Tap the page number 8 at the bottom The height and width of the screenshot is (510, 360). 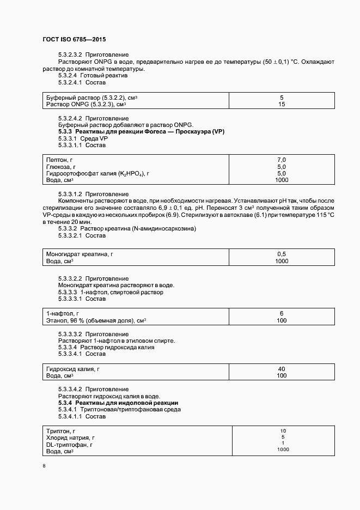pyautogui.click(x=45, y=466)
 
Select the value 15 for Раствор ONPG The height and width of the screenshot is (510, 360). pyautogui.click(x=282, y=104)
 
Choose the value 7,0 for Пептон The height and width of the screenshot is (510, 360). pyautogui.click(x=282, y=159)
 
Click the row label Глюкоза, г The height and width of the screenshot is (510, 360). pyautogui.click(x=61, y=166)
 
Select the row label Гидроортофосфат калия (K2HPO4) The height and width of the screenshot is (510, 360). pyautogui.click(x=97, y=173)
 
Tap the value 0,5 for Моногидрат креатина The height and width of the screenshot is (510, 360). pyautogui.click(x=282, y=254)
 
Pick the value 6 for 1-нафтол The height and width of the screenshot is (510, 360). pyautogui.click(x=282, y=314)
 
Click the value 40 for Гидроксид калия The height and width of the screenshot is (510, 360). pyautogui.click(x=282, y=369)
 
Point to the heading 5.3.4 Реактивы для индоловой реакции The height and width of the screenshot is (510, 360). pyautogui.click(x=118, y=403)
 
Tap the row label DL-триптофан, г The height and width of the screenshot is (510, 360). pyautogui.click(x=70, y=445)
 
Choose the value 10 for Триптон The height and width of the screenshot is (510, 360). pyautogui.click(x=283, y=430)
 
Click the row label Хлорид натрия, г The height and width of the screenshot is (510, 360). pyautogui.click(x=70, y=438)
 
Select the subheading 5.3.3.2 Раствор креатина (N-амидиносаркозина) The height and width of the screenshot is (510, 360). pyautogui.click(x=127, y=229)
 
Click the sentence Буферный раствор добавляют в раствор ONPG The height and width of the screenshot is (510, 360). pyautogui.click(x=125, y=125)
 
